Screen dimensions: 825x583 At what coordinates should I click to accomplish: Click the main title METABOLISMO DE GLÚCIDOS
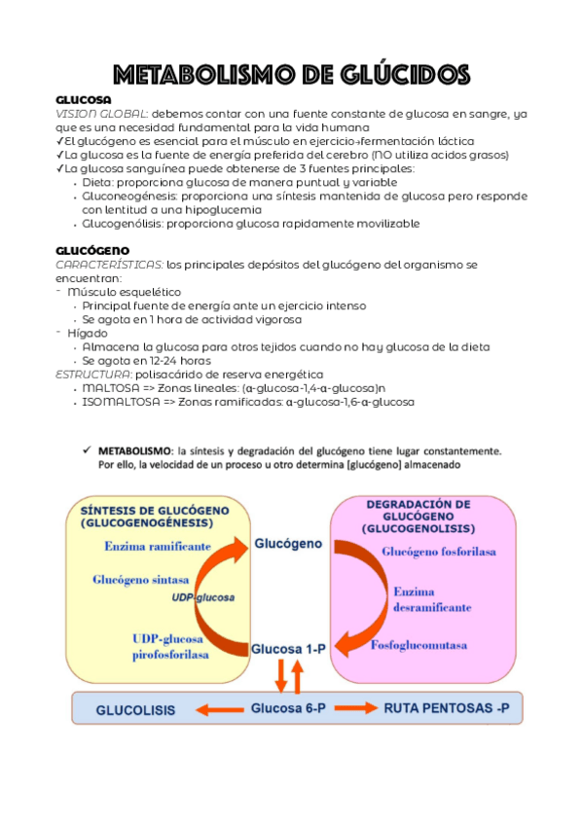(291, 74)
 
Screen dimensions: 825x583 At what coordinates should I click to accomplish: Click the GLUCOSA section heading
(84, 100)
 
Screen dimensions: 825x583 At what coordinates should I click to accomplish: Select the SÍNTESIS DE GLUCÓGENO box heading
(155, 517)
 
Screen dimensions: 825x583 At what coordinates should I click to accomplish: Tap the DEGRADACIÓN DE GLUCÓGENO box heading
(418, 517)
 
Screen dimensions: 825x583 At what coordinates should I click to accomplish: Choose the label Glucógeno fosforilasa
(439, 552)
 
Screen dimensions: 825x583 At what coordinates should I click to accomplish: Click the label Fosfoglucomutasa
(419, 644)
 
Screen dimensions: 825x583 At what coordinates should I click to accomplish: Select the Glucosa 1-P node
(288, 647)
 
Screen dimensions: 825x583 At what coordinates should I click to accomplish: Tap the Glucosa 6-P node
(288, 708)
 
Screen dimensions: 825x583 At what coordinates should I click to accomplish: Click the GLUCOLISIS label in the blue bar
(135, 709)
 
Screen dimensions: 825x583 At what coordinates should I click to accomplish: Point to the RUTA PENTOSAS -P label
(446, 708)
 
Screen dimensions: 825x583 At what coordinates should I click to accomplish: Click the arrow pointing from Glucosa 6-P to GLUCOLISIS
(221, 709)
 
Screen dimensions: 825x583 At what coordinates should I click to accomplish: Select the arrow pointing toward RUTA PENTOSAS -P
(355, 708)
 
